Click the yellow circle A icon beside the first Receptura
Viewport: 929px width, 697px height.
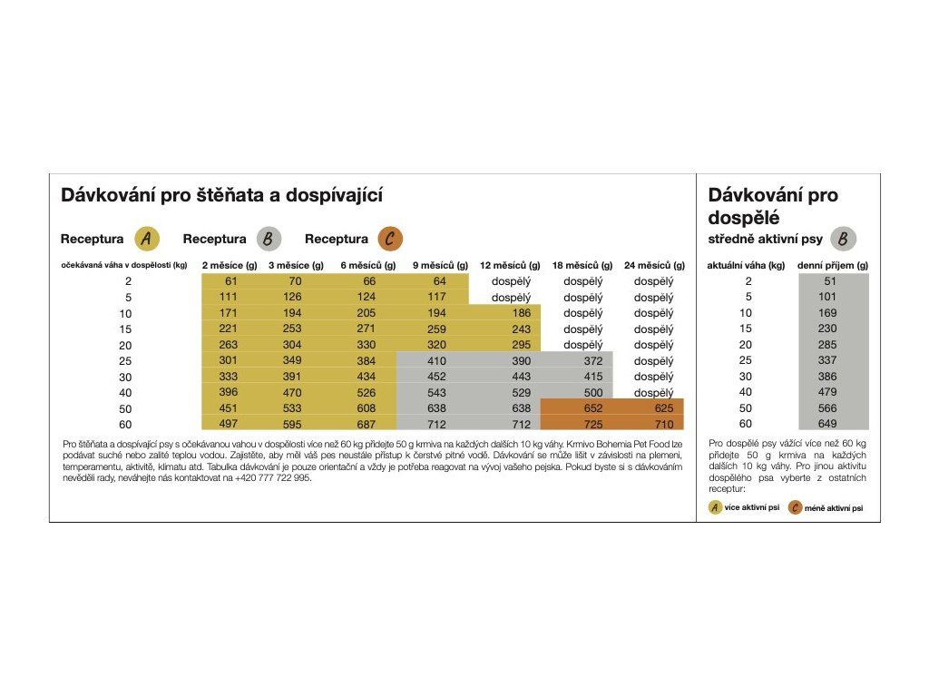click(147, 239)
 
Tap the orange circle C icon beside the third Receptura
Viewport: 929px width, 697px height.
click(390, 239)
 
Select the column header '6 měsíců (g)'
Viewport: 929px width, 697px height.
click(368, 266)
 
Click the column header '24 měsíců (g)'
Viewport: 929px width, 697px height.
click(654, 266)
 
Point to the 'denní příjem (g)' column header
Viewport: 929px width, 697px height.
click(833, 266)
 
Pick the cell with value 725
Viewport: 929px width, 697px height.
click(593, 425)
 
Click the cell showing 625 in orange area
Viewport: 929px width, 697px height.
click(664, 408)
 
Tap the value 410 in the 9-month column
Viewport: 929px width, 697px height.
click(436, 361)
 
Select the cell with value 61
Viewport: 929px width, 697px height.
click(231, 281)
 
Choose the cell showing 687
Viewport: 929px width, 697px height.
click(367, 425)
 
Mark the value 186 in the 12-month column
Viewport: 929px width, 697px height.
click(522, 313)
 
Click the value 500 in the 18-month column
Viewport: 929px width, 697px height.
click(593, 392)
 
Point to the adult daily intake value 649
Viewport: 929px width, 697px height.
click(827, 424)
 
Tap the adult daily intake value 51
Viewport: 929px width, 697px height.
click(830, 281)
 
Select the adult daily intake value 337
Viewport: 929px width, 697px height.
click(827, 360)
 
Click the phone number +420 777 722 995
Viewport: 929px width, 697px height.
click(272, 477)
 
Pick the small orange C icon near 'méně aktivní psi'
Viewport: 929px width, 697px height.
click(795, 508)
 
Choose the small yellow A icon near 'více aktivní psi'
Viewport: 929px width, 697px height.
click(715, 507)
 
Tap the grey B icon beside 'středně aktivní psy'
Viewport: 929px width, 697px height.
click(843, 239)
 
